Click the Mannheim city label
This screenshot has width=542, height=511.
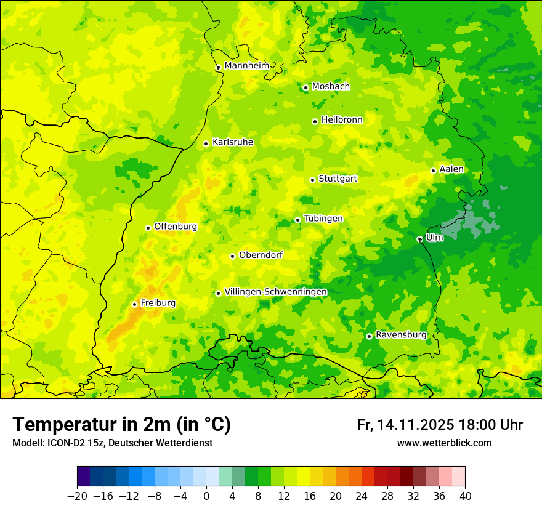(x=246, y=66)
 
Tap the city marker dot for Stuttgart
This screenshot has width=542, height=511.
(x=312, y=180)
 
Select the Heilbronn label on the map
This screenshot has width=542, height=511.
(x=342, y=120)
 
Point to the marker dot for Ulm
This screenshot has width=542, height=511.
(x=419, y=239)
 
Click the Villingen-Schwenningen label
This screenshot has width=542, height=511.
(x=275, y=292)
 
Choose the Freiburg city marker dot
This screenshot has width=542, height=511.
(x=134, y=304)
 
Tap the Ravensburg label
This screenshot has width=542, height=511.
(x=400, y=335)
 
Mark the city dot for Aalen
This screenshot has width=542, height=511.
(x=433, y=171)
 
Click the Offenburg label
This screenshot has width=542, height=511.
(x=176, y=227)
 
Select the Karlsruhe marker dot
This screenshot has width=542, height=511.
(x=206, y=143)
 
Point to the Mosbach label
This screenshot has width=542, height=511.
(x=331, y=87)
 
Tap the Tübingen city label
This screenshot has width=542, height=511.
(x=323, y=219)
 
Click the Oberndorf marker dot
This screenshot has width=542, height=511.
(x=232, y=256)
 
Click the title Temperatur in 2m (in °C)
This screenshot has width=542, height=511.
(x=121, y=425)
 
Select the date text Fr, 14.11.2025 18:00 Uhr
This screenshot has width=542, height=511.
(x=440, y=425)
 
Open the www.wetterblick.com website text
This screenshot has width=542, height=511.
(x=444, y=443)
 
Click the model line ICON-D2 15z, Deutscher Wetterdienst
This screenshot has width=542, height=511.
(x=112, y=443)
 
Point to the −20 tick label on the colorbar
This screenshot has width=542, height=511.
(x=77, y=496)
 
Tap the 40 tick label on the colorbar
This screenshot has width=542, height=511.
(x=465, y=496)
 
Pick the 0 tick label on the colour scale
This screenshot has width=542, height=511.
(x=206, y=496)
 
